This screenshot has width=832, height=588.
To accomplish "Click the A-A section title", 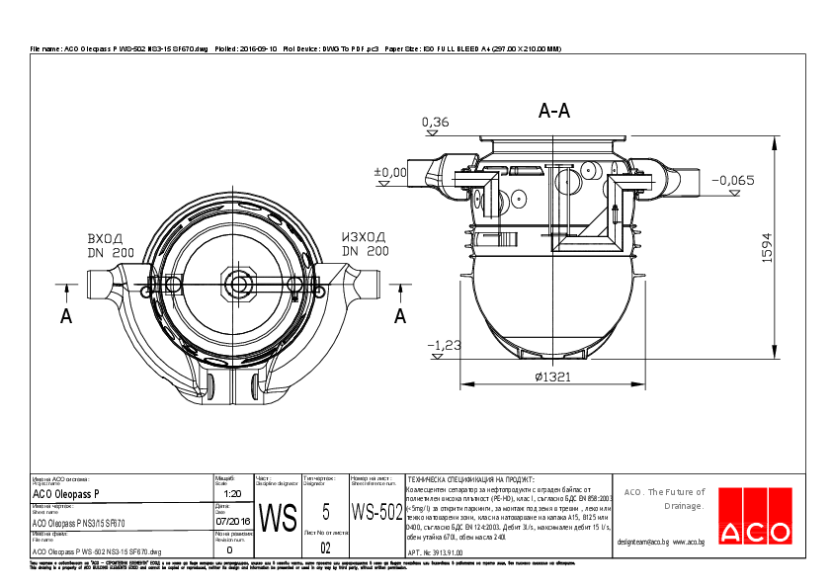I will [x=554, y=112].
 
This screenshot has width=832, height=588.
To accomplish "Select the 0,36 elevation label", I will [x=435, y=123].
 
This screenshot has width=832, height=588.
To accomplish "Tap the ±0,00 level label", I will [x=390, y=172].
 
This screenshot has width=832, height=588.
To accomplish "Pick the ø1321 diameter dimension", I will [x=554, y=377].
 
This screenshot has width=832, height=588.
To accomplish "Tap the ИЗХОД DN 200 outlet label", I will [x=364, y=244].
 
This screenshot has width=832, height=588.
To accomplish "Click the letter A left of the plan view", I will [x=66, y=316].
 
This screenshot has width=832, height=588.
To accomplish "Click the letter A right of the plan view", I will [x=400, y=316].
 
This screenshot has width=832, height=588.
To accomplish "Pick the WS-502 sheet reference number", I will [x=377, y=512].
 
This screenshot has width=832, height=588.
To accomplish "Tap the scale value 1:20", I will [x=233, y=493].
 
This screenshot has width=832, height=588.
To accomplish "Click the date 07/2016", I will [x=233, y=521].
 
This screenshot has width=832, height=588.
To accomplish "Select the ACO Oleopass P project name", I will [x=66, y=493].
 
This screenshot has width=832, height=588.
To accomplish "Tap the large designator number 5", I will [x=325, y=512].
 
